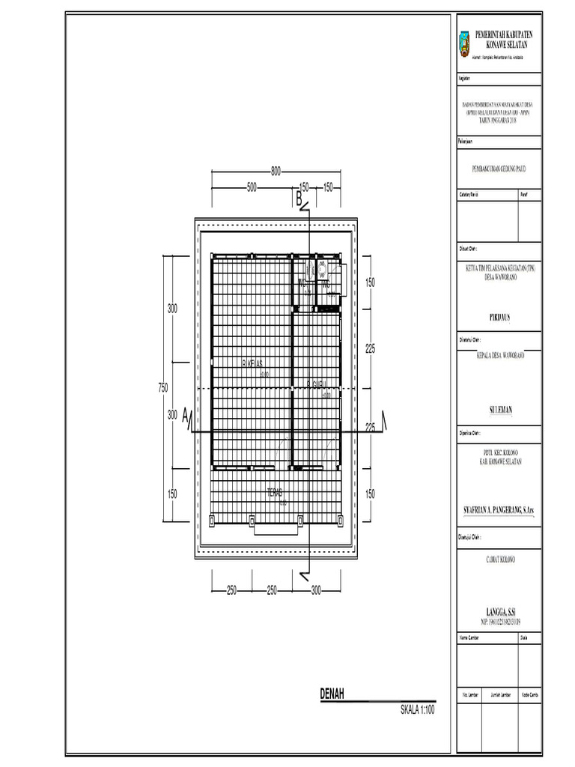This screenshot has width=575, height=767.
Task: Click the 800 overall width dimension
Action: click(x=276, y=172)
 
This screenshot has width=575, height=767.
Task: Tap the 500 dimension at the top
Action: click(x=251, y=187)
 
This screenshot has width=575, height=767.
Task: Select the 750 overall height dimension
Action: click(x=162, y=387)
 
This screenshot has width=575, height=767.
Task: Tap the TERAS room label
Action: click(x=276, y=493)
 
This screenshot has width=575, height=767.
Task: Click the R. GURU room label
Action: click(x=317, y=386)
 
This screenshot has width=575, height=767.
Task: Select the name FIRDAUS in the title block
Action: click(x=499, y=317)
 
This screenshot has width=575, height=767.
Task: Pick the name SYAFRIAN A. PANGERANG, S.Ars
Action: click(x=499, y=510)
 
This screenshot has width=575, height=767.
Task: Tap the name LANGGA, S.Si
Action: click(x=499, y=611)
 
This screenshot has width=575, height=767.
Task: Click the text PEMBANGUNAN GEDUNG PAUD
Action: click(x=499, y=170)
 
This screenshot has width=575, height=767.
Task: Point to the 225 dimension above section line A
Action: click(x=369, y=348)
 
